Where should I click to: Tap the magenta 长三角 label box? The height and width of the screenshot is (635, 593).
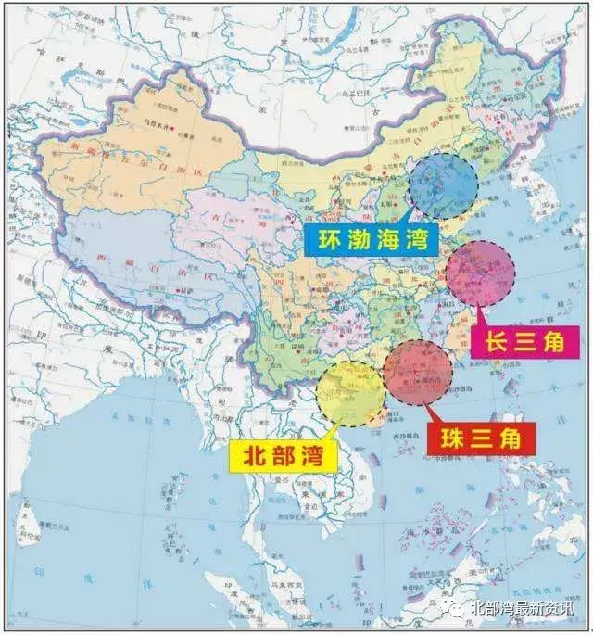click(525, 342)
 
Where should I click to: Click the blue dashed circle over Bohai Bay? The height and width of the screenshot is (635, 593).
click(443, 185)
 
